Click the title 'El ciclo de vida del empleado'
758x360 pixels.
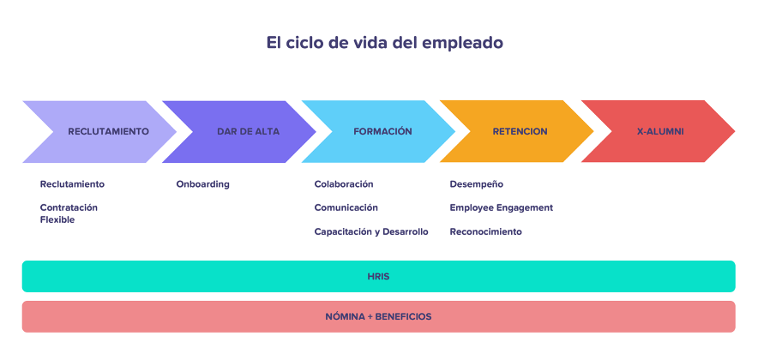[384, 43]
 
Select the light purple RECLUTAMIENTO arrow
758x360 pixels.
[99, 131]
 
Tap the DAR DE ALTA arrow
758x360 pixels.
[239, 131]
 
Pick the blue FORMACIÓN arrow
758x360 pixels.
[378, 131]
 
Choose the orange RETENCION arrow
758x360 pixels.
[517, 131]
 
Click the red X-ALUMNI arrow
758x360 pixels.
[658, 131]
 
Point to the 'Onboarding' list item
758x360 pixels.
[202, 184]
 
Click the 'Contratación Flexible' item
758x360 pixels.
[69, 213]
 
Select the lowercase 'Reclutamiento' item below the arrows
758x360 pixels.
[72, 184]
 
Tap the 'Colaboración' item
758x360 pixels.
[344, 184]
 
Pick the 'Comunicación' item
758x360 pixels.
[346, 207]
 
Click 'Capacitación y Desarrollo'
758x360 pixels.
[371, 232]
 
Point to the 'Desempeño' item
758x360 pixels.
[476, 184]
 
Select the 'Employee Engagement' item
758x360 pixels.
[502, 207]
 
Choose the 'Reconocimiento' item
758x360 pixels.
[486, 232]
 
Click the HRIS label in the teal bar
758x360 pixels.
[378, 277]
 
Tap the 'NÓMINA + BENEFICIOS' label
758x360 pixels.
[378, 317]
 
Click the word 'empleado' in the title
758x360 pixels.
[463, 44]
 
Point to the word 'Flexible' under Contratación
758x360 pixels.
[57, 220]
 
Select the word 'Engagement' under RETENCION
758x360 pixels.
[524, 208]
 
